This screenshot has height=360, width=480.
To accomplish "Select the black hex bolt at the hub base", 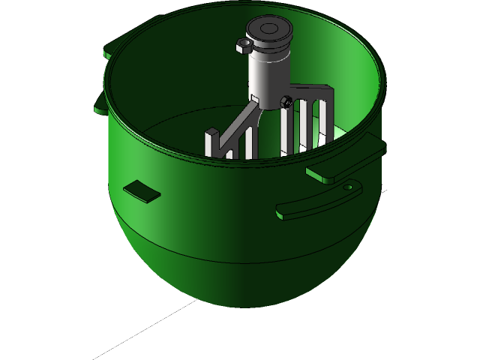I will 286,100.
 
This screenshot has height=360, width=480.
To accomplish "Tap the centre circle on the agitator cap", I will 268,29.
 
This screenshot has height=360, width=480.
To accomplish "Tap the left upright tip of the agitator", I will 211,142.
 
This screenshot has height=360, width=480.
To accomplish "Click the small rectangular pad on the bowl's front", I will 142,191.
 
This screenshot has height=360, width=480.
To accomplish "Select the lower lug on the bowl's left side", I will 100,103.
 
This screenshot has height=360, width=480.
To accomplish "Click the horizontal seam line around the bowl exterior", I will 225,259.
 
